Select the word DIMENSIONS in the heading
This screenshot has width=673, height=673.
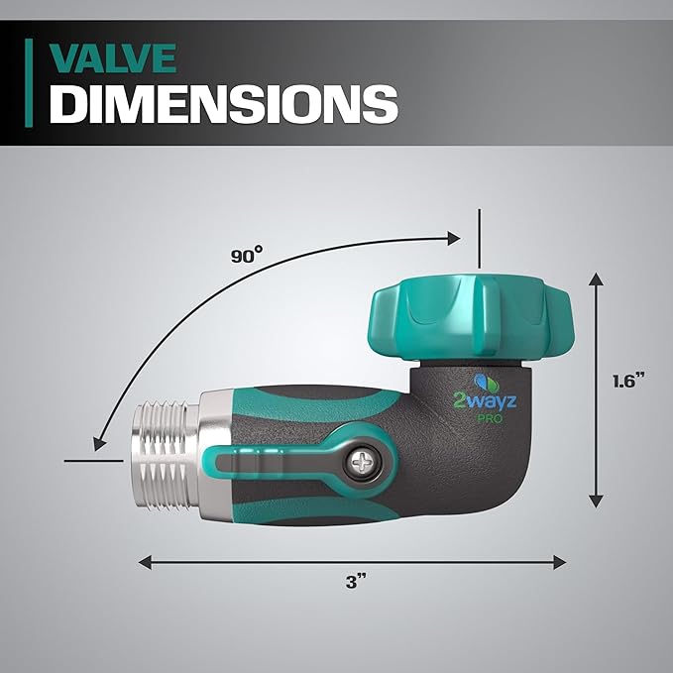pyautogui.click(x=224, y=103)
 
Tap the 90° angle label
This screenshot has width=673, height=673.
pyautogui.click(x=247, y=255)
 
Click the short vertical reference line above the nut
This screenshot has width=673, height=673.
pyautogui.click(x=477, y=238)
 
